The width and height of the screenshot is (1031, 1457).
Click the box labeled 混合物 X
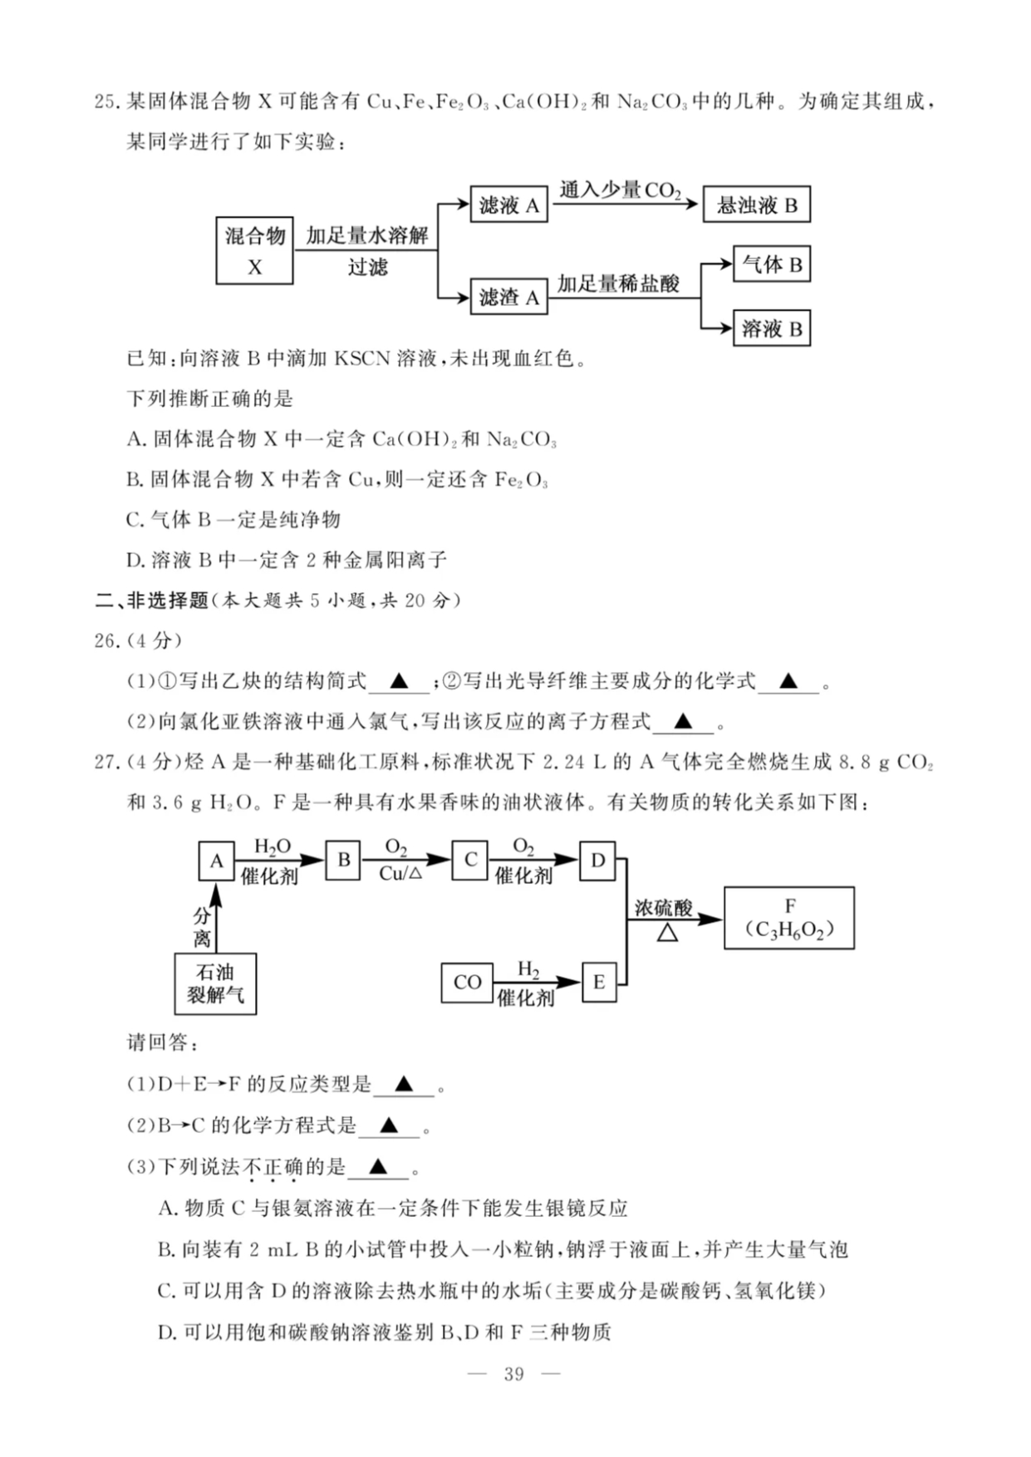click(254, 250)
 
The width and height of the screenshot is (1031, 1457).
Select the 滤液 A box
click(508, 205)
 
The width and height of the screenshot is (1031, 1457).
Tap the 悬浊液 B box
click(756, 205)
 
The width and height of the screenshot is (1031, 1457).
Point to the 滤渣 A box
click(508, 297)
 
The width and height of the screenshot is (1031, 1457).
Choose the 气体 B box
click(771, 265)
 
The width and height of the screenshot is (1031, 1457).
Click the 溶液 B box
click(771, 329)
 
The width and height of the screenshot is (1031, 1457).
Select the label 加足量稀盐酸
click(618, 284)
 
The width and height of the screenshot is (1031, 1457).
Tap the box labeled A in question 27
click(216, 861)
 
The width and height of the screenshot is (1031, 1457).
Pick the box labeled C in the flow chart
click(470, 860)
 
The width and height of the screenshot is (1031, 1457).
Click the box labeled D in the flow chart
click(597, 860)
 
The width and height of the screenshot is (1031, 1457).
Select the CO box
click(467, 983)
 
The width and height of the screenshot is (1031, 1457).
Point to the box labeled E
click(599, 983)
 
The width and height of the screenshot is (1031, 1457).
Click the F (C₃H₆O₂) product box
click(788, 918)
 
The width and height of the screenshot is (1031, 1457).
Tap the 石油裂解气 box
click(215, 984)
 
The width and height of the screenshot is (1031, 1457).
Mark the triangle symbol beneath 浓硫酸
click(667, 933)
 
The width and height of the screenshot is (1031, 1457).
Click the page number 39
click(513, 1374)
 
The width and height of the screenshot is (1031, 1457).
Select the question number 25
click(106, 101)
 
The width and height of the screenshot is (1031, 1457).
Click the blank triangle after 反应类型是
click(404, 1084)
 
